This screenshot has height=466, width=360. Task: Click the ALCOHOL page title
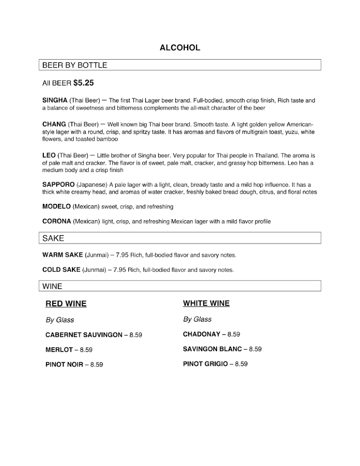tap(180, 48)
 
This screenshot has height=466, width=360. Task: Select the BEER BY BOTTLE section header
tap(75, 65)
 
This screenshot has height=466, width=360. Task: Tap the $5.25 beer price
tap(84, 83)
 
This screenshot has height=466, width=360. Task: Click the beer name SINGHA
tap(55, 100)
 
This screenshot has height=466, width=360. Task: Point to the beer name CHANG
tap(54, 124)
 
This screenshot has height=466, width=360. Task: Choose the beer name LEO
tap(49, 156)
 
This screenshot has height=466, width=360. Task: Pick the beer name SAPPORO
tap(58, 185)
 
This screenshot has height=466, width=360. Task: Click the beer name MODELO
tap(56, 207)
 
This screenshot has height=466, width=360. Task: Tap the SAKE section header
tap(53, 238)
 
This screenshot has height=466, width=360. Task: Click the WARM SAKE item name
tap(62, 255)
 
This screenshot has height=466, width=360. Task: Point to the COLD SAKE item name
tap(61, 270)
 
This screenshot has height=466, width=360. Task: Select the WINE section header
tap(52, 286)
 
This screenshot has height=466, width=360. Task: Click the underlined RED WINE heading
tap(66, 304)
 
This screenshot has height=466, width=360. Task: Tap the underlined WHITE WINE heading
tap(206, 304)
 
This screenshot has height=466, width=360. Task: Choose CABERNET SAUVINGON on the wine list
tap(84, 335)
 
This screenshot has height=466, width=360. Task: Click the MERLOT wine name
tap(59, 350)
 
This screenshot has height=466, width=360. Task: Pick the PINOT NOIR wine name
tap(64, 365)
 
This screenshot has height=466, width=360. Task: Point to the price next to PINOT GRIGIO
tap(241, 364)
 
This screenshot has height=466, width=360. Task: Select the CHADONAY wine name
tap(202, 334)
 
